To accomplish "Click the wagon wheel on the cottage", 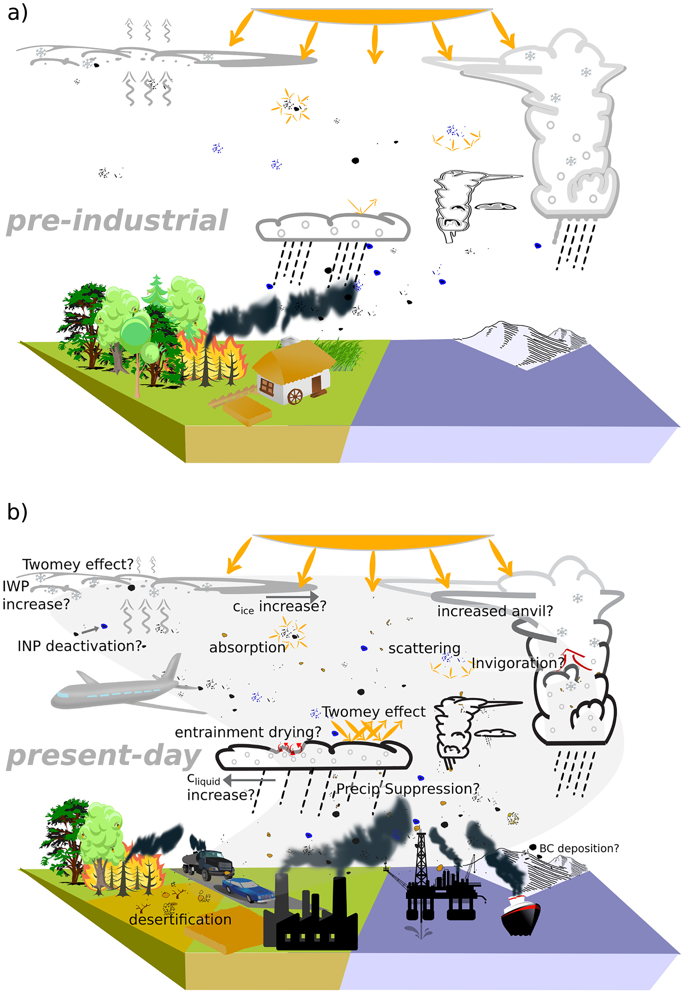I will click(x=295, y=396).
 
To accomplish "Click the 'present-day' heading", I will click(x=104, y=755).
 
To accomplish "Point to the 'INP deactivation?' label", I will click(x=79, y=646).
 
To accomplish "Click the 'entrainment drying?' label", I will click(x=248, y=732).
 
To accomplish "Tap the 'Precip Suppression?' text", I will click(x=408, y=788).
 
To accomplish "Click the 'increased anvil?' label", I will click(x=495, y=611).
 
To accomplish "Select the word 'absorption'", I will click(x=247, y=647).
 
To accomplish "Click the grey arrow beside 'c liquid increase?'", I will click(x=249, y=780).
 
